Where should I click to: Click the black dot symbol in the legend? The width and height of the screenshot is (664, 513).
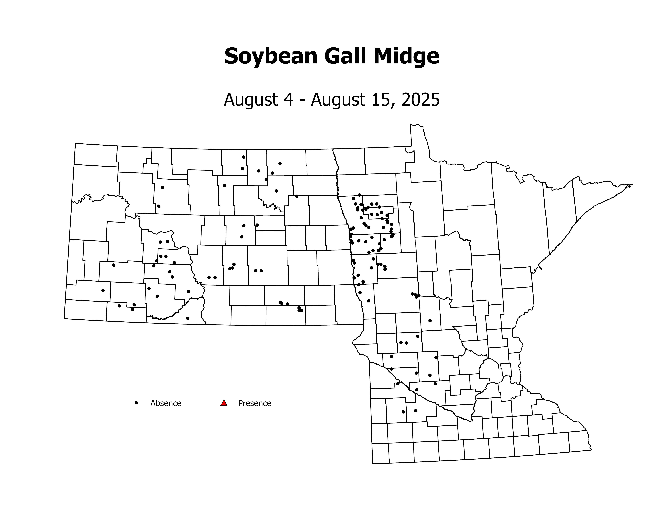pyautogui.click(x=136, y=403)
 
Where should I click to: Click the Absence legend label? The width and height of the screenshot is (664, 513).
pyautogui.click(x=166, y=403)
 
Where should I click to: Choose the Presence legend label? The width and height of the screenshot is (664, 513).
pyautogui.click(x=254, y=403)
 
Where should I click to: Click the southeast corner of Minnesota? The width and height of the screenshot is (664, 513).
pyautogui.click(x=591, y=450)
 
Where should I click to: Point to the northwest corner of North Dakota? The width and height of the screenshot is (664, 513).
pyautogui.click(x=75, y=143)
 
